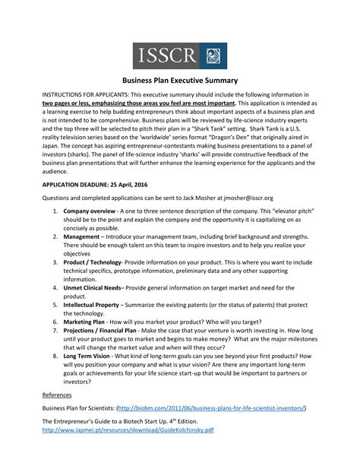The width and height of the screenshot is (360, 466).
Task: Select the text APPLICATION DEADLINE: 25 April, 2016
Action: click(95, 184)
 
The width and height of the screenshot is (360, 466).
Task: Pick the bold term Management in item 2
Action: click(86, 236)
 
